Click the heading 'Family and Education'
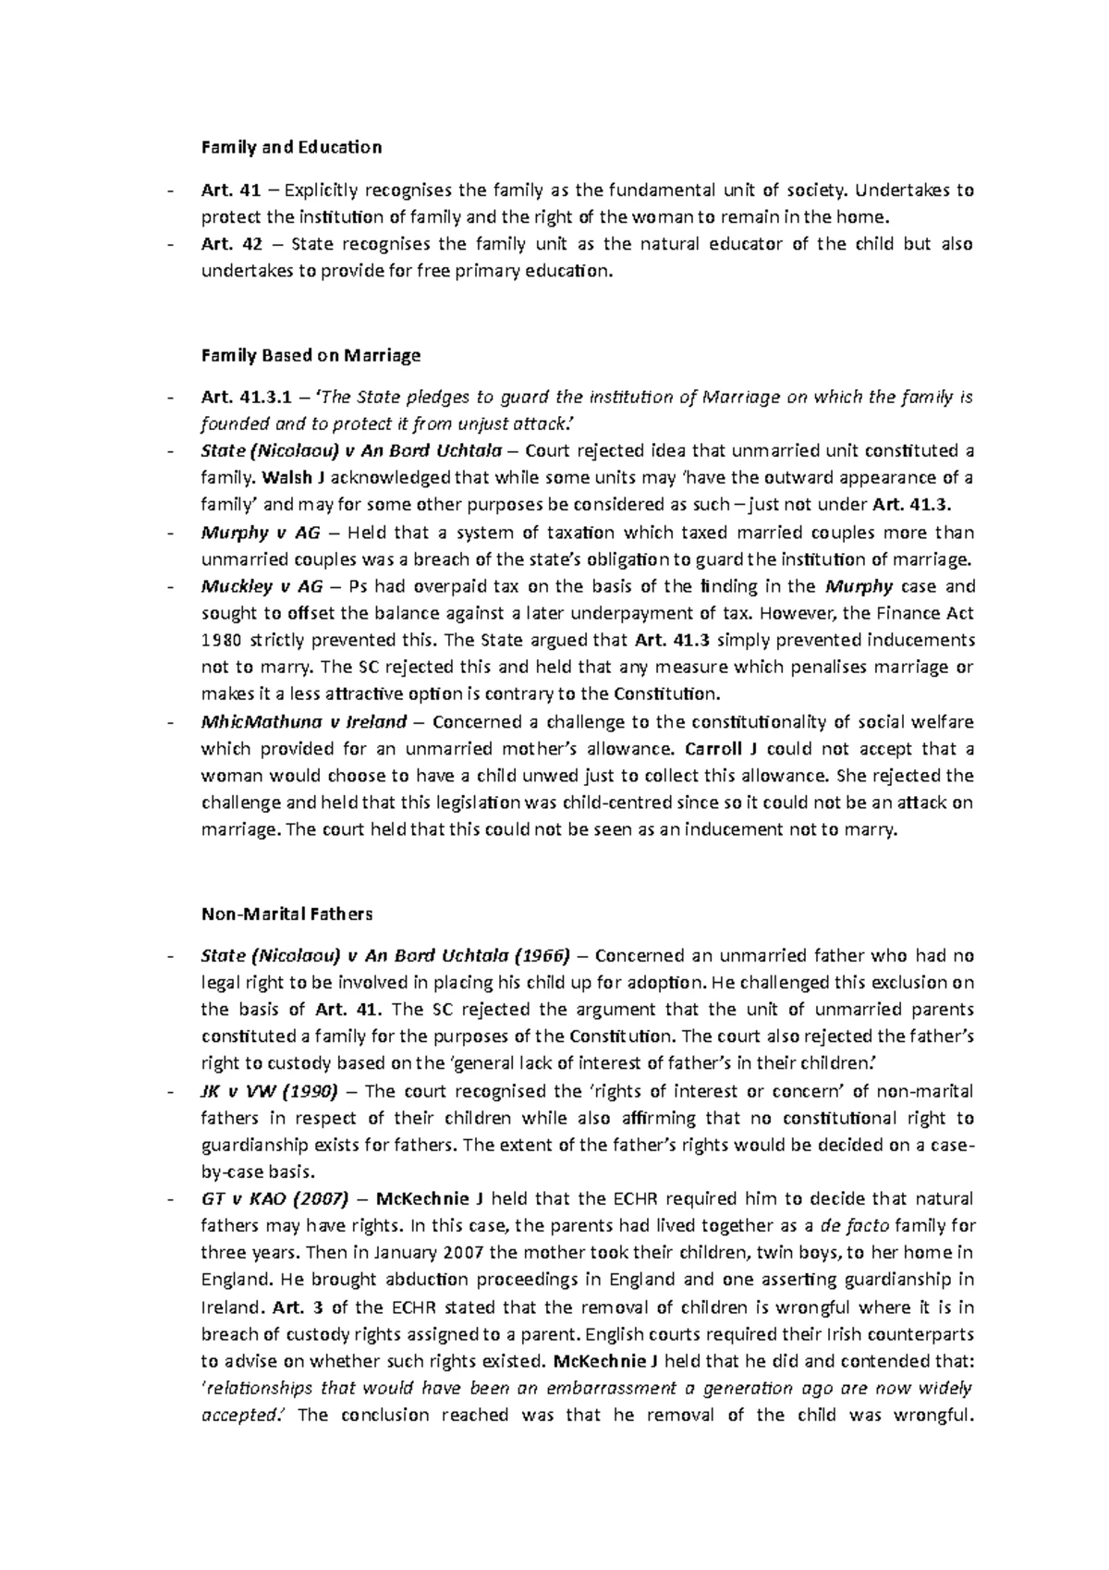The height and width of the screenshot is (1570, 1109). click(291, 147)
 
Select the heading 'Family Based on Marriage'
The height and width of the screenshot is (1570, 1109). click(311, 355)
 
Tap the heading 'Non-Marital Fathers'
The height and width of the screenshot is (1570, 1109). click(286, 914)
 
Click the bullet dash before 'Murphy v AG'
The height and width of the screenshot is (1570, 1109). click(170, 534)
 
